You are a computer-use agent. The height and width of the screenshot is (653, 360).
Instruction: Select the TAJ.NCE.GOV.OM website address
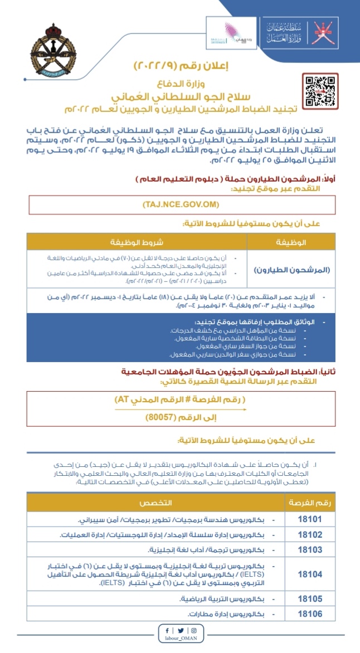point(182,205)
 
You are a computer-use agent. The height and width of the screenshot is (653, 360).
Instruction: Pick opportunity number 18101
point(310,519)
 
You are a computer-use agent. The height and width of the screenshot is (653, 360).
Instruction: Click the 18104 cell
point(310,573)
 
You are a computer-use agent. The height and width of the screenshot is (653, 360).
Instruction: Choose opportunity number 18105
point(310,599)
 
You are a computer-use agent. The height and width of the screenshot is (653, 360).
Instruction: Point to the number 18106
point(310,614)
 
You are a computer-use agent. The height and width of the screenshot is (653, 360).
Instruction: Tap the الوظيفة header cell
point(291,242)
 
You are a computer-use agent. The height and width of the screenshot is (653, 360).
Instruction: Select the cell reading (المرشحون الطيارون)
point(291,270)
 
